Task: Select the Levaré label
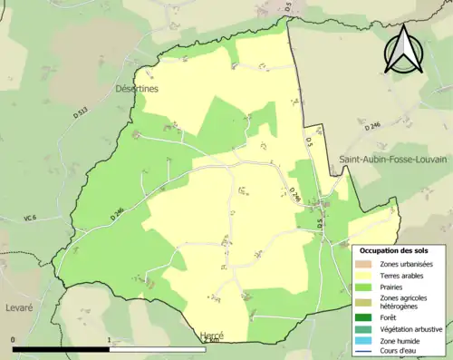17,308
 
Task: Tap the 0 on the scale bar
14,340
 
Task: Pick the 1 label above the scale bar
110,340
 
